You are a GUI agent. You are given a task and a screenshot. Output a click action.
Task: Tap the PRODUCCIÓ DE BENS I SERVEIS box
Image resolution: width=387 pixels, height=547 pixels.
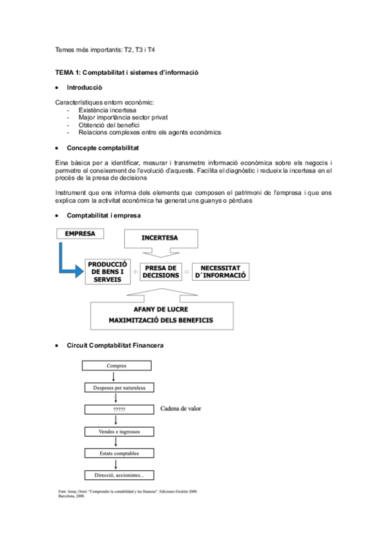(108, 272)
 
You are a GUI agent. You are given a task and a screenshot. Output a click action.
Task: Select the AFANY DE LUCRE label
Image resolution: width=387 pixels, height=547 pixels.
(161, 309)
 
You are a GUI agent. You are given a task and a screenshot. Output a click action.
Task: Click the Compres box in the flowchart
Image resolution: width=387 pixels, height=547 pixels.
(117, 366)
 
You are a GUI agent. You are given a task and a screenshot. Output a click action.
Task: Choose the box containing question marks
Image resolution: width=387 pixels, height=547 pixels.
(117, 410)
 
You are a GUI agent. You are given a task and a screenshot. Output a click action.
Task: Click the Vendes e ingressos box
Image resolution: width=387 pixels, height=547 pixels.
(117, 432)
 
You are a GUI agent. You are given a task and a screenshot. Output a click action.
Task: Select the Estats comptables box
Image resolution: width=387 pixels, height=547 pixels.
(117, 453)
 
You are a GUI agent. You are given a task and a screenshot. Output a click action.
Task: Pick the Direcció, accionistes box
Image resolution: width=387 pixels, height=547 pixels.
(117, 475)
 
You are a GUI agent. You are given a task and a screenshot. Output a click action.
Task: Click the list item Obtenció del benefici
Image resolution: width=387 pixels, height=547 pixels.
(109, 124)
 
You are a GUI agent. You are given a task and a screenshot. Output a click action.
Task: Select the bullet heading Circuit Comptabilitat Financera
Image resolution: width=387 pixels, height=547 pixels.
(115, 346)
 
